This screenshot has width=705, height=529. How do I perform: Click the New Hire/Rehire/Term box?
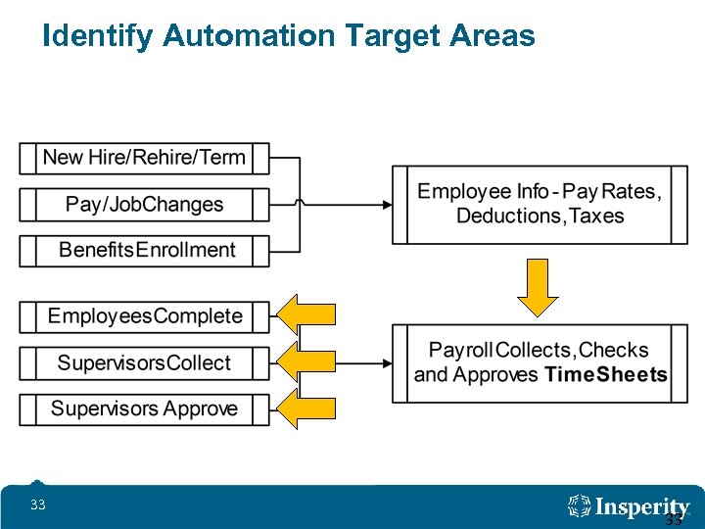[144, 158]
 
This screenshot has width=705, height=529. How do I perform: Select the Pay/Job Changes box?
[144, 205]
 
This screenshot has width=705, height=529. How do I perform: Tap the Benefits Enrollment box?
[144, 250]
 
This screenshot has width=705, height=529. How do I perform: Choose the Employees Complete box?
[144, 316]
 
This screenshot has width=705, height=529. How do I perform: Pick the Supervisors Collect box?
[144, 363]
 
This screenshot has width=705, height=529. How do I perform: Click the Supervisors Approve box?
[144, 409]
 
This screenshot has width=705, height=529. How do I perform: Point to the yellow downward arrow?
[538, 288]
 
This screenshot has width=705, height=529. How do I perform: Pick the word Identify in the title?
[98, 37]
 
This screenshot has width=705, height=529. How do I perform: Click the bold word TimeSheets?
[606, 375]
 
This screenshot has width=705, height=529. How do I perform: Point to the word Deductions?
[508, 216]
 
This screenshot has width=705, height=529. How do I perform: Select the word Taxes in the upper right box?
[595, 216]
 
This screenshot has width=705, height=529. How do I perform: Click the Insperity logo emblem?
[580, 506]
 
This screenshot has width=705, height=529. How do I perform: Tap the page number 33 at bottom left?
[38, 505]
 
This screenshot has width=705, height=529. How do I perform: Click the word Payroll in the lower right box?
[461, 350]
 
